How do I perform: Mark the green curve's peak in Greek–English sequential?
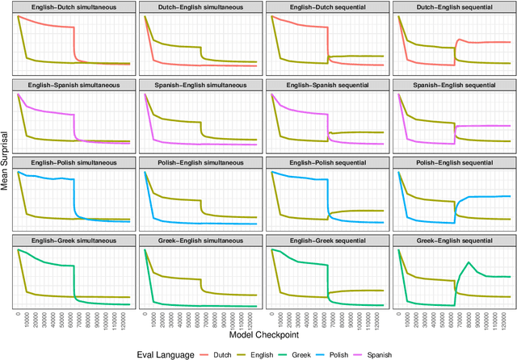pos(469,262)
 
